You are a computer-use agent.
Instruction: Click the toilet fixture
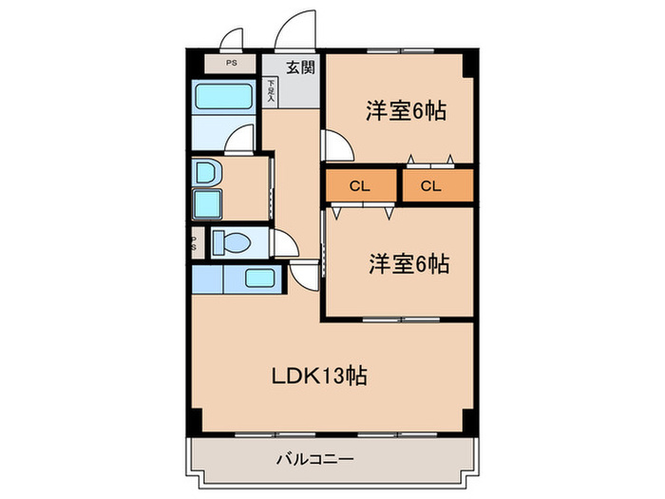pos(232,243)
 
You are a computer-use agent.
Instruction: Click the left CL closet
pos(359,186)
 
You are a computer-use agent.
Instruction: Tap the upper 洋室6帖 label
pos(406,110)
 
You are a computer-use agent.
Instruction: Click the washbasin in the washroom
pos(204,172)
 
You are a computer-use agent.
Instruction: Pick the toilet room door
pos(282,244)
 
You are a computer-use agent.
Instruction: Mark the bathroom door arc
pos(241,137)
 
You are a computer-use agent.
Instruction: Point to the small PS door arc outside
pos(232,38)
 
